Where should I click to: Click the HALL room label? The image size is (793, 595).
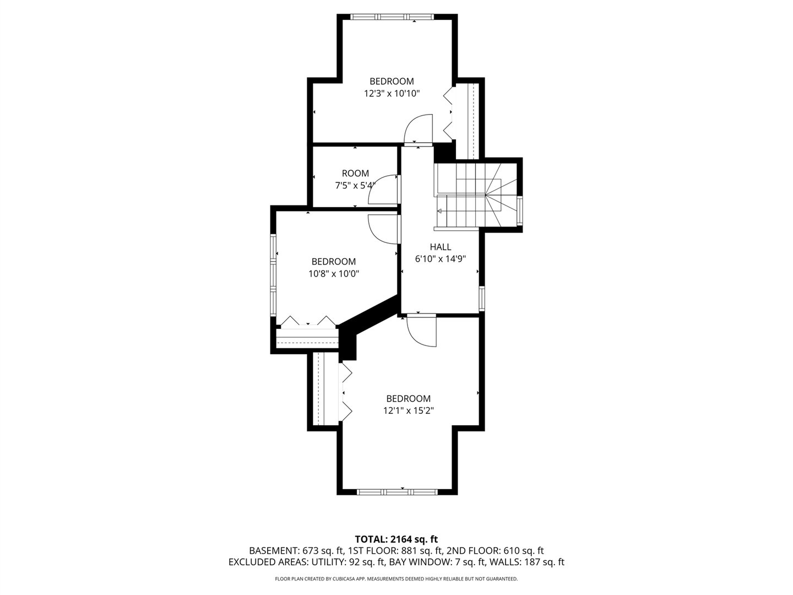tap(441, 247)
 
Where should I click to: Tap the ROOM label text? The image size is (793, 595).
tap(356, 173)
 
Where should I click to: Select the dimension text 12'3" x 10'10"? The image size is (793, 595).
tap(392, 94)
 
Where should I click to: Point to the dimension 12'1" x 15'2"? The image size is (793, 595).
tap(409, 411)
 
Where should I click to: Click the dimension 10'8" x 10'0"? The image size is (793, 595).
tap(334, 274)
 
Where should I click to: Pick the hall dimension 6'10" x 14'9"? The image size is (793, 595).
tap(441, 259)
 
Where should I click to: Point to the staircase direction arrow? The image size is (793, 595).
tap(439, 210)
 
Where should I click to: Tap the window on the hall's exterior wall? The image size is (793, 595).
tap(482, 299)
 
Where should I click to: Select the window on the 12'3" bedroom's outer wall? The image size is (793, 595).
tap(392, 17)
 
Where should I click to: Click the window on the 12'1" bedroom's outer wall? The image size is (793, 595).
tap(397, 492)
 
